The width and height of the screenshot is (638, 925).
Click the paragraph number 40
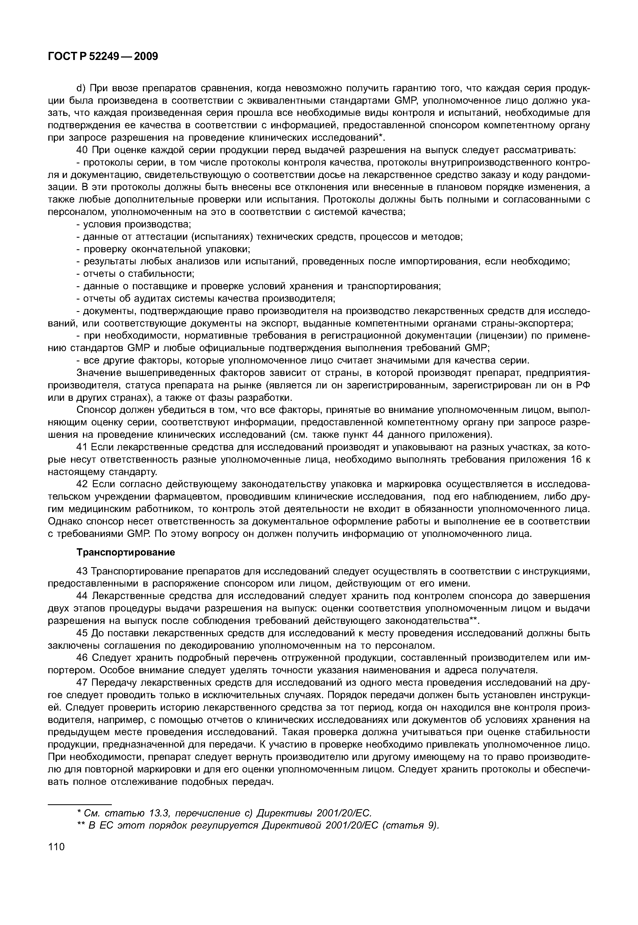[x=82, y=150]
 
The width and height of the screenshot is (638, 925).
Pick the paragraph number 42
[x=82, y=485]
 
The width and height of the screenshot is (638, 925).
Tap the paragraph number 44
[x=82, y=596]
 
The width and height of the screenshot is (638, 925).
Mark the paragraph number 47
[x=82, y=683]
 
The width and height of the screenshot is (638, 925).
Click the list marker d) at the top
[x=81, y=88]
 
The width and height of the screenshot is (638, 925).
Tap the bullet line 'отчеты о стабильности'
[x=138, y=274]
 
